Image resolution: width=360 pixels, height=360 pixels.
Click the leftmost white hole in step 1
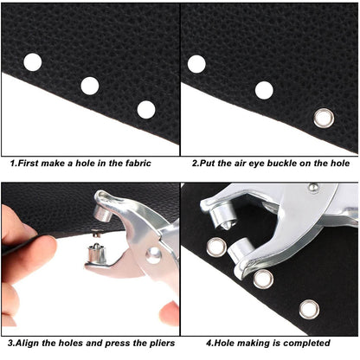(32, 61)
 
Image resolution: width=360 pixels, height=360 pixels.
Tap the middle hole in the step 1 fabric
(89, 85)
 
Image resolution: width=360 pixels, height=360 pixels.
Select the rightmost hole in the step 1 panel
(146, 109)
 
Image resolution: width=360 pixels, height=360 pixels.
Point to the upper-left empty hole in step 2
(197, 63)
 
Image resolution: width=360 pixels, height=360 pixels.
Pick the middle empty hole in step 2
(264, 90)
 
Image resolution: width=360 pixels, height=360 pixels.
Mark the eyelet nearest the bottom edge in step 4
(308, 309)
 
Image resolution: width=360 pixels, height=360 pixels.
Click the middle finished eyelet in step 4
(263, 278)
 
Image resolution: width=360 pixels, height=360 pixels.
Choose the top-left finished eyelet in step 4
(216, 247)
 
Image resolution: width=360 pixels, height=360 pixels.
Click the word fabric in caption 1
(133, 163)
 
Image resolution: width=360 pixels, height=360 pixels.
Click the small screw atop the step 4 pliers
(312, 188)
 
